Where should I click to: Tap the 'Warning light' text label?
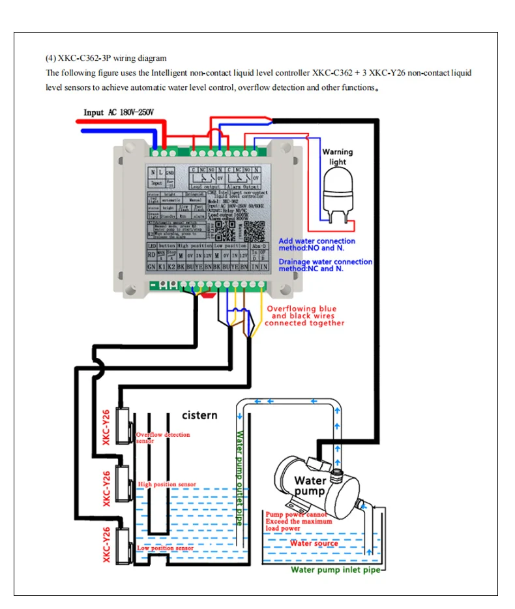point(338,156)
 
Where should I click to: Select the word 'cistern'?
point(199,415)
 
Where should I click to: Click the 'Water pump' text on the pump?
point(310,486)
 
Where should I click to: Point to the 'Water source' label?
point(314,543)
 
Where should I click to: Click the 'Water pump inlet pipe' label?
point(335,570)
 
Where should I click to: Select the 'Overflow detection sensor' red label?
point(162,437)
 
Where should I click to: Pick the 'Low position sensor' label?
point(165,548)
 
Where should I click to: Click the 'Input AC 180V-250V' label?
point(119,112)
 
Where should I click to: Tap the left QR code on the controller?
point(226,229)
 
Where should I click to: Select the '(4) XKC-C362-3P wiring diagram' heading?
point(106,58)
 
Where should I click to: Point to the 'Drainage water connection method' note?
point(325,265)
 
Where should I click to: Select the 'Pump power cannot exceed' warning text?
point(299,521)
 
